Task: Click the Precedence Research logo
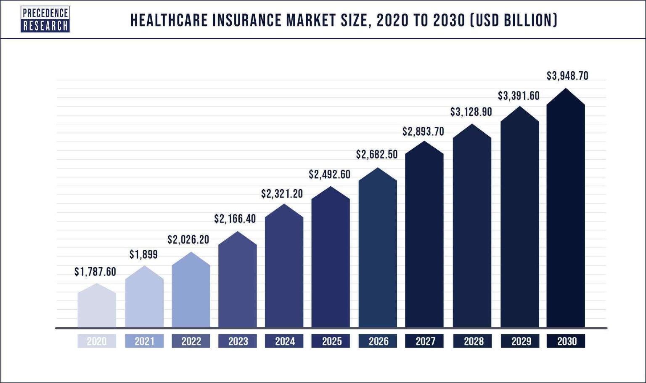[45, 19]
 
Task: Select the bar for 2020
[97, 308]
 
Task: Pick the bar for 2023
[238, 282]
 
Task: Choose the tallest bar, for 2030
[566, 211]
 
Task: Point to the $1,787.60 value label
[95, 272]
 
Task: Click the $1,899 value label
[143, 254]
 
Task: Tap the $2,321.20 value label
[282, 194]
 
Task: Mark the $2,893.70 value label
[423, 132]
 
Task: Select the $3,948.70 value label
[567, 76]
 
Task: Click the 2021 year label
[144, 341]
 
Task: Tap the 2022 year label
[191, 341]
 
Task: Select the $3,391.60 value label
[519, 96]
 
